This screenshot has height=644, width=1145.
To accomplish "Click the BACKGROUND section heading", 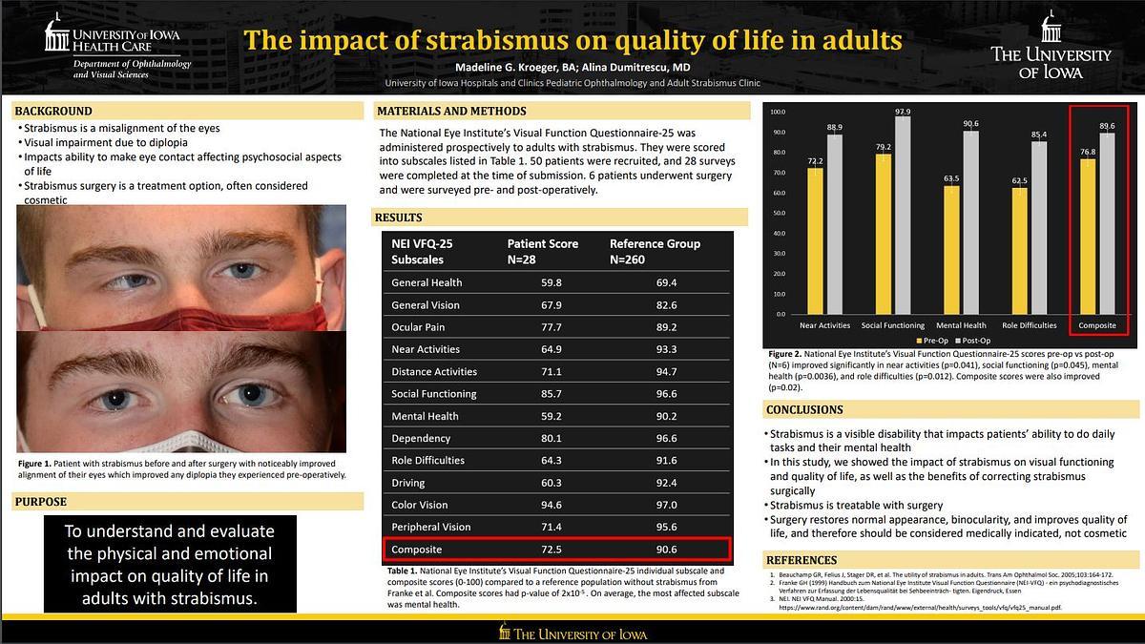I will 53,111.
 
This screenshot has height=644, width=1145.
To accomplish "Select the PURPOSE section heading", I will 42,502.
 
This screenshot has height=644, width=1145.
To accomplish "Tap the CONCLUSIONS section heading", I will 804,410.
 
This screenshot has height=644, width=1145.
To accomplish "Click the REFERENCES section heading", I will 801,560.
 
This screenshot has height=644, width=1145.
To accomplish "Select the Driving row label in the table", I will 408,483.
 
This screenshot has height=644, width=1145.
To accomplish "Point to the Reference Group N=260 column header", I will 655,251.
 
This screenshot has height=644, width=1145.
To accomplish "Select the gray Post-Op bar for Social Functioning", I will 903,215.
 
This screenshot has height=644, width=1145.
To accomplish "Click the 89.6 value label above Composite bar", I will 1107,126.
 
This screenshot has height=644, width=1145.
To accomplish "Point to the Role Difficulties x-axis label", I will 1029,325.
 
